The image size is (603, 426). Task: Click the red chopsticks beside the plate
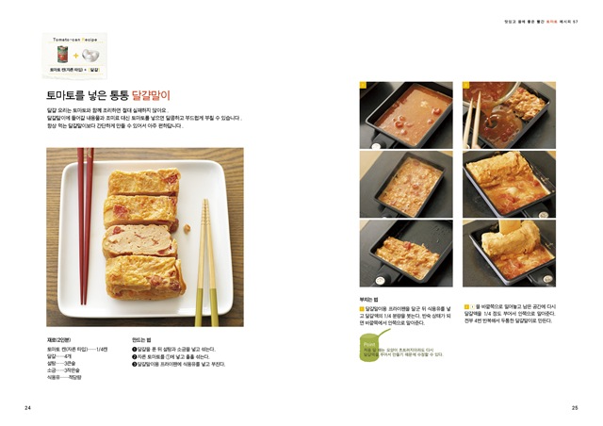coord(85,226)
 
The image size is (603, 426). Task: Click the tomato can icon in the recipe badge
coord(62,55)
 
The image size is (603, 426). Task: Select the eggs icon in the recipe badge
coord(91,56)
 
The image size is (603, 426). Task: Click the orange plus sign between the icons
coord(76,56)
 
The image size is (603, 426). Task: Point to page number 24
coord(27,407)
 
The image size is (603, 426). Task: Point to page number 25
coord(574,407)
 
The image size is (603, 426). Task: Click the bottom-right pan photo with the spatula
coord(509,253)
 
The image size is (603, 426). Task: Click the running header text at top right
coord(537,21)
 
